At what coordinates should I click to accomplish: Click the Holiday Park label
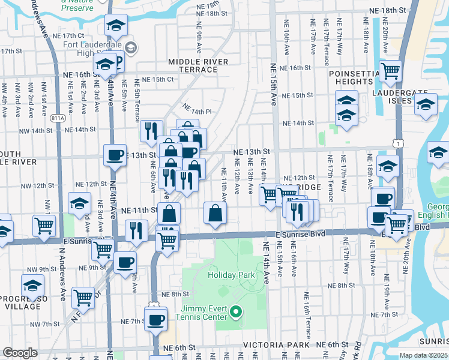(x=232, y=275)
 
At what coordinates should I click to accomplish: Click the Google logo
(x=20, y=353)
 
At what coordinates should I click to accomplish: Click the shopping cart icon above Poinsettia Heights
(x=391, y=71)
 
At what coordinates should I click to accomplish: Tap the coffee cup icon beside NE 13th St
(x=115, y=155)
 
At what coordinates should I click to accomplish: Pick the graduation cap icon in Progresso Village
(x=33, y=286)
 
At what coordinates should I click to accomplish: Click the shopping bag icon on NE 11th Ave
(x=215, y=212)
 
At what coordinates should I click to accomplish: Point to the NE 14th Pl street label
(x=198, y=112)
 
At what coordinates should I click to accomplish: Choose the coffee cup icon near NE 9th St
(x=125, y=262)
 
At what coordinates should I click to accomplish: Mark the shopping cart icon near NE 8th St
(x=83, y=297)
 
